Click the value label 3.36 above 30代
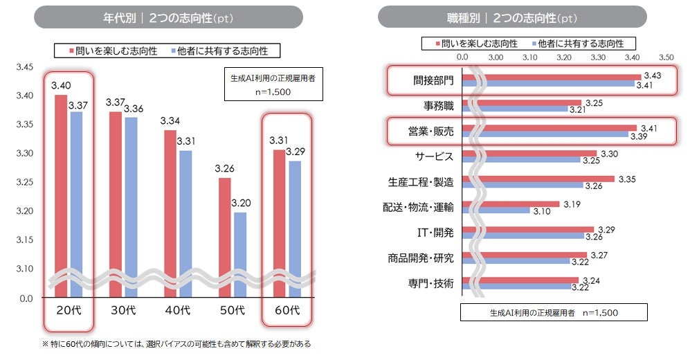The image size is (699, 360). tap(133, 109)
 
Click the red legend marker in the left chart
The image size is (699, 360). tap(71, 51)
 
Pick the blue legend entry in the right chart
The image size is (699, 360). tap(577, 44)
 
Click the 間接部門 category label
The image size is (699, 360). tap(429, 80)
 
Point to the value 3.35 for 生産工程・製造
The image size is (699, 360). tap(627, 179)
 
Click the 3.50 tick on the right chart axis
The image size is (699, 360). tap(665, 57)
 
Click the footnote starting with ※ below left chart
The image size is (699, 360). tap(176, 343)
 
